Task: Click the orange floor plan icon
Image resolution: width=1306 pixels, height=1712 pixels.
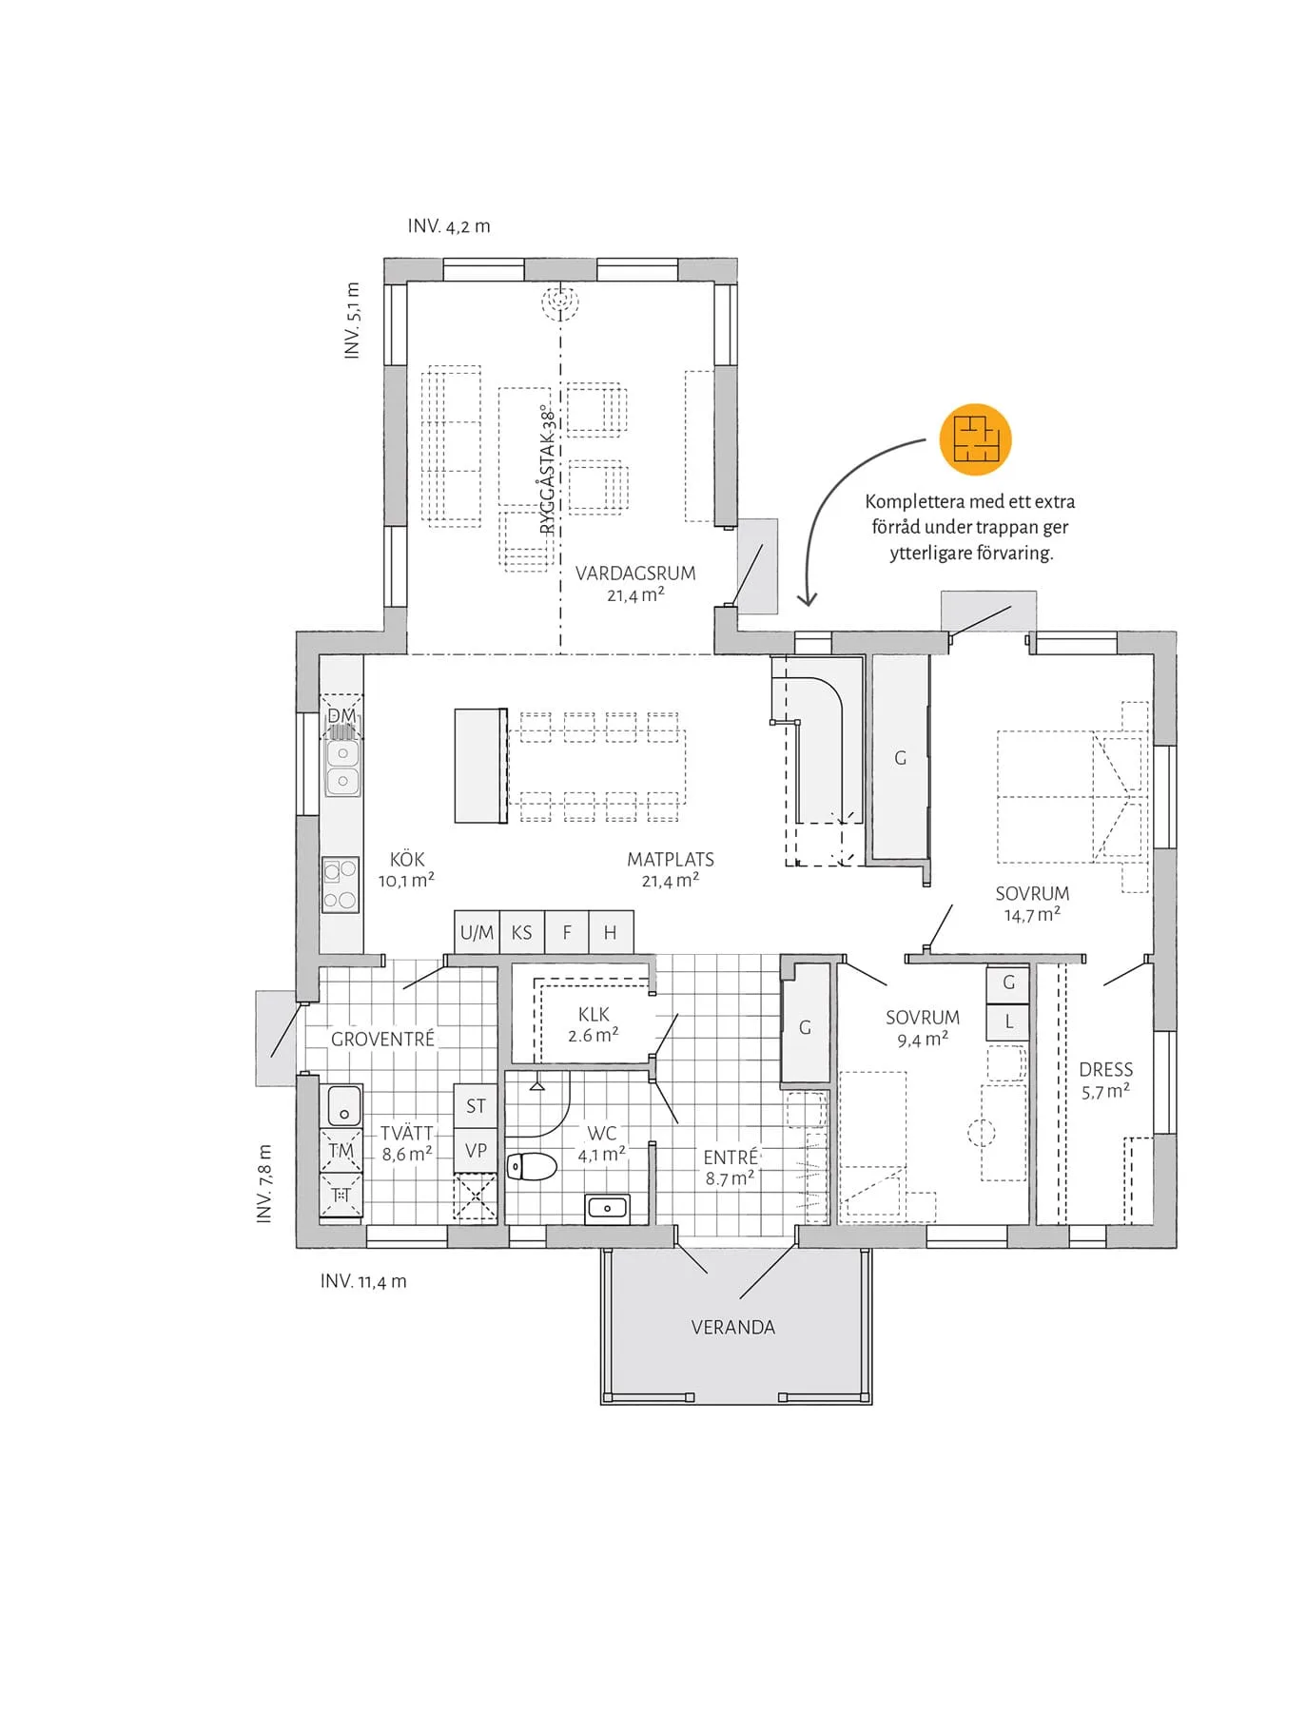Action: pyautogui.click(x=975, y=438)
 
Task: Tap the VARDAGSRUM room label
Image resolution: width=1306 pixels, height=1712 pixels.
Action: pyautogui.click(x=635, y=574)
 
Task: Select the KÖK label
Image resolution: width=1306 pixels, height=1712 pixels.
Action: pyautogui.click(x=407, y=859)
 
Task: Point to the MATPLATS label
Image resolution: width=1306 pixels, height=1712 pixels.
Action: pyautogui.click(x=671, y=860)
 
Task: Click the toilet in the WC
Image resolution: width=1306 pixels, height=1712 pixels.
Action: pyautogui.click(x=532, y=1166)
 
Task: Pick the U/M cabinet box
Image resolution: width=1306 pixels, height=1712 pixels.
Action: pyautogui.click(x=477, y=932)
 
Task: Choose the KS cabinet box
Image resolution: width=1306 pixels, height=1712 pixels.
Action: pyautogui.click(x=522, y=932)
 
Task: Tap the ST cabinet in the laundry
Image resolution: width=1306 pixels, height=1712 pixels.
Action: pyautogui.click(x=476, y=1106)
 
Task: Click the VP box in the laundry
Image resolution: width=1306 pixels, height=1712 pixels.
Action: pyautogui.click(x=476, y=1150)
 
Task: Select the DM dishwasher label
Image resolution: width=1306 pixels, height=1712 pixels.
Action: pyautogui.click(x=341, y=715)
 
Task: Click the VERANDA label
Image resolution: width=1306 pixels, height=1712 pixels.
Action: pyautogui.click(x=732, y=1327)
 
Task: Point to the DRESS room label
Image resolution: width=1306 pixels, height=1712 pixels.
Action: pyautogui.click(x=1106, y=1069)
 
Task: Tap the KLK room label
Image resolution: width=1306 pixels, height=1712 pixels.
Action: pyautogui.click(x=594, y=1014)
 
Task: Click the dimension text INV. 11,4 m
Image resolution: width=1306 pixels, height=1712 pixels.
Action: pyautogui.click(x=363, y=1281)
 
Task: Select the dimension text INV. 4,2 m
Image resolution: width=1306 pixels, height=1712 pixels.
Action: pyautogui.click(x=449, y=226)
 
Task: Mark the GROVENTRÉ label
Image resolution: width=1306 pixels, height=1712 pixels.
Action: pyautogui.click(x=382, y=1039)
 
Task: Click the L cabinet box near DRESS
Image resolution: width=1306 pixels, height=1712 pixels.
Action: pyautogui.click(x=1008, y=1022)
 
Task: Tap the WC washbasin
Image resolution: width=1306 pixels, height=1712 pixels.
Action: pyautogui.click(x=607, y=1208)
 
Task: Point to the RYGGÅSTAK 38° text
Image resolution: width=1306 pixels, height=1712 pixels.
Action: pyautogui.click(x=547, y=470)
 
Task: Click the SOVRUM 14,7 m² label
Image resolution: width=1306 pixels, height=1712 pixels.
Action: pyautogui.click(x=1032, y=905)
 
